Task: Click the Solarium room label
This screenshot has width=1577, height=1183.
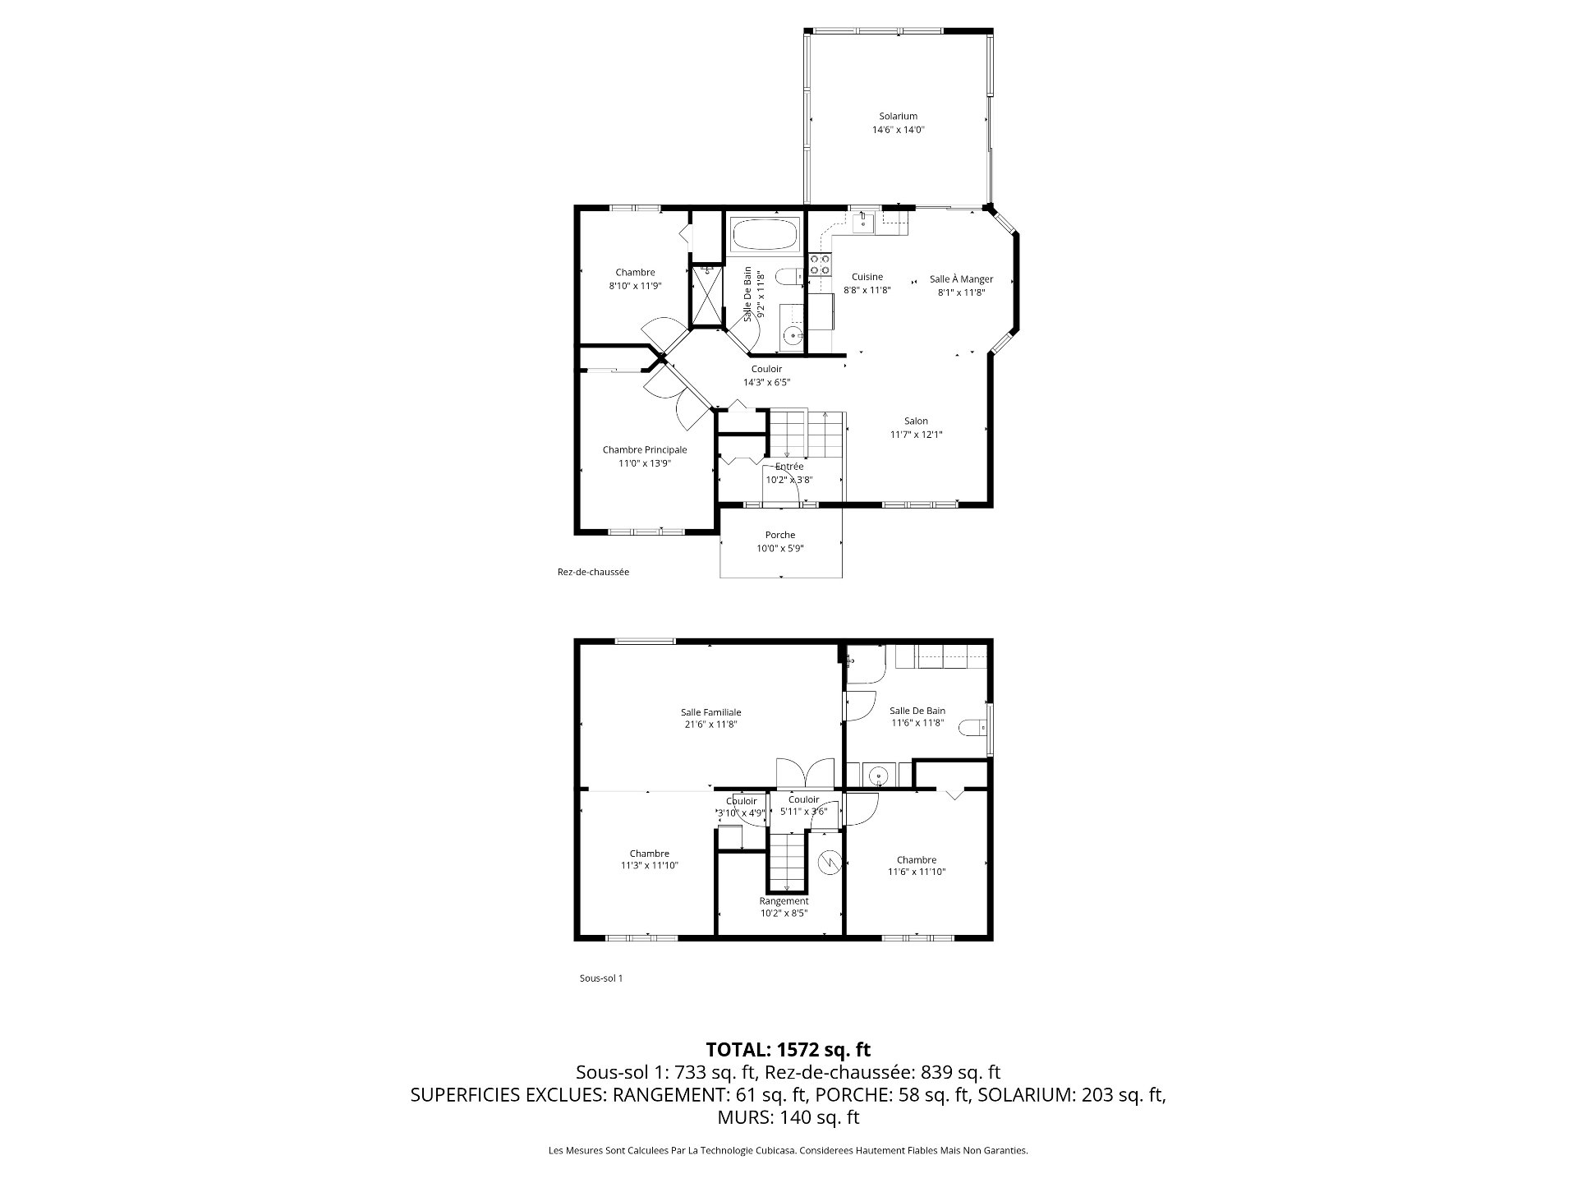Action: pyautogui.click(x=898, y=117)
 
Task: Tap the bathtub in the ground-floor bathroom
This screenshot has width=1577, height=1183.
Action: pyautogui.click(x=765, y=235)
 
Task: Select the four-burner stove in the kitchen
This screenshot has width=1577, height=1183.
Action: pyautogui.click(x=820, y=264)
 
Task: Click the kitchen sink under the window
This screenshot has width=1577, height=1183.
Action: pyautogui.click(x=862, y=221)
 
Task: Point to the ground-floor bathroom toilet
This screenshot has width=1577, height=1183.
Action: pyautogui.click(x=793, y=278)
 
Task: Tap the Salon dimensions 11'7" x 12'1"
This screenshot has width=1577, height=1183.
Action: pyautogui.click(x=916, y=435)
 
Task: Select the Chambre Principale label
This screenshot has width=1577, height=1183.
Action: pyautogui.click(x=645, y=450)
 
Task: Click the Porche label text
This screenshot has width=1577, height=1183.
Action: pyautogui.click(x=780, y=536)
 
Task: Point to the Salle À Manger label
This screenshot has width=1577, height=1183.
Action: pyautogui.click(x=961, y=279)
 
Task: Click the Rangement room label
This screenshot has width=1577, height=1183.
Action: pyautogui.click(x=784, y=901)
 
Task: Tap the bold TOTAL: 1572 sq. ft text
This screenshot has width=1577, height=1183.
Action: pyautogui.click(x=788, y=1050)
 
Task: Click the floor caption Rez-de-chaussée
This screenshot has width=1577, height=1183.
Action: pyautogui.click(x=593, y=572)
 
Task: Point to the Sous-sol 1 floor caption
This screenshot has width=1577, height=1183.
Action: pyautogui.click(x=601, y=978)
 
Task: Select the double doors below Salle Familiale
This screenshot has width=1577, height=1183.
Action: pyautogui.click(x=807, y=773)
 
